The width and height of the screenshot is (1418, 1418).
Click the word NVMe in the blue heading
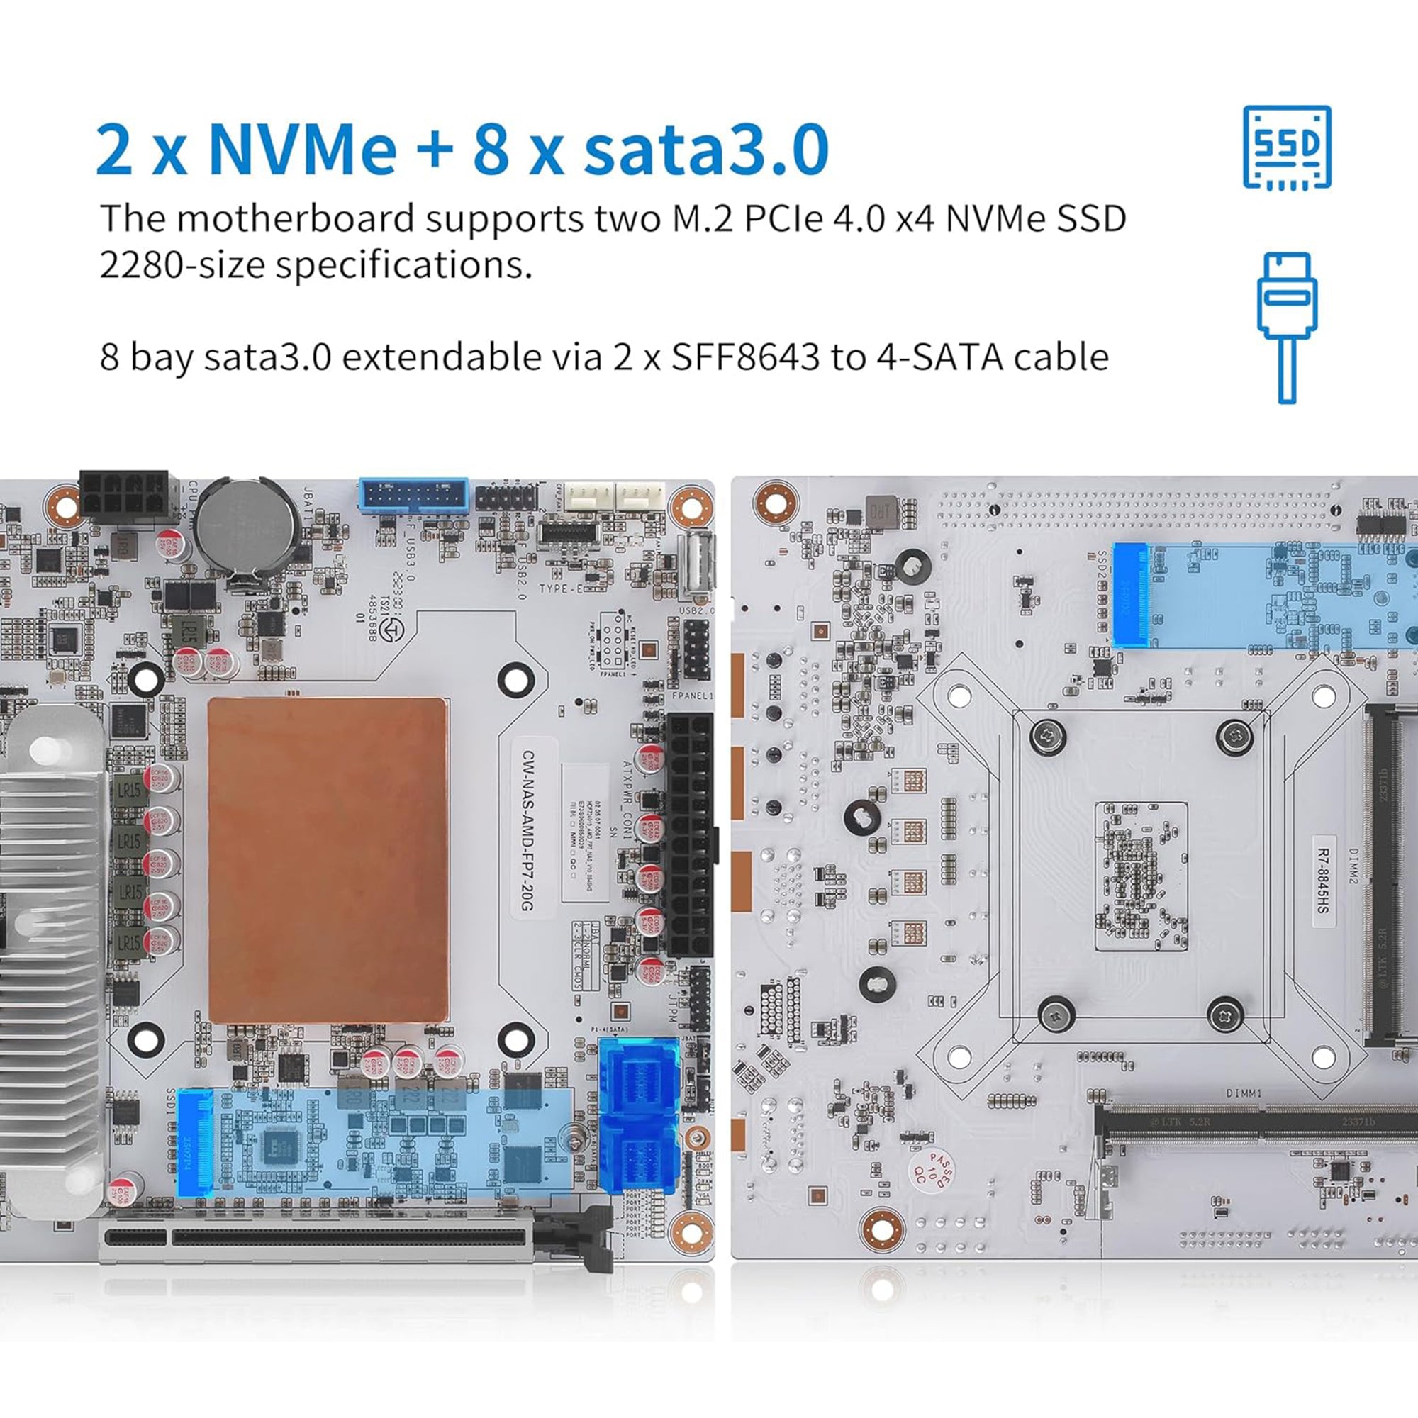coord(303,150)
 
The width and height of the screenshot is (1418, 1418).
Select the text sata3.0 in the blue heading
coord(705,150)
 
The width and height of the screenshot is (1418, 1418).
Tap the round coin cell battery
coord(247,522)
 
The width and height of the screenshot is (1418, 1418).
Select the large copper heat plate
coord(328,859)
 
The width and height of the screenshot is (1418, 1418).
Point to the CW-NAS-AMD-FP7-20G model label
coord(527,830)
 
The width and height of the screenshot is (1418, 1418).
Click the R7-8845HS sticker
coord(1322,881)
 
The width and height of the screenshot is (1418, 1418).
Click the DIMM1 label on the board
coord(1244,1093)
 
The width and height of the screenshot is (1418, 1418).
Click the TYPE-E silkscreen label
coord(561,588)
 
